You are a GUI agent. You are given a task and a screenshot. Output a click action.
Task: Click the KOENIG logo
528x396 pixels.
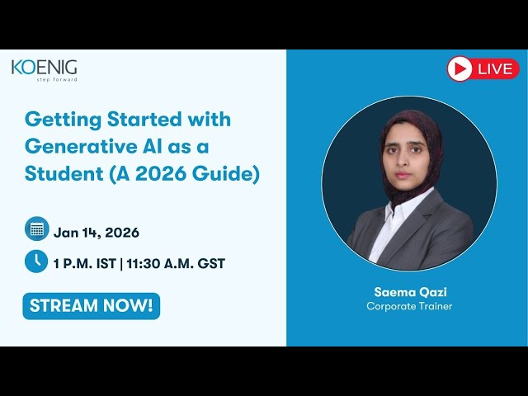click(x=44, y=68)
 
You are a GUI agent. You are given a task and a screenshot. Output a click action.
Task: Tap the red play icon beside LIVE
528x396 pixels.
click(x=460, y=68)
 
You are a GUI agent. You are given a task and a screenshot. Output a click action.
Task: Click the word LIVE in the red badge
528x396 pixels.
click(x=495, y=69)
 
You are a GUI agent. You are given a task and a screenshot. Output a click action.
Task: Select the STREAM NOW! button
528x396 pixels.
click(x=91, y=305)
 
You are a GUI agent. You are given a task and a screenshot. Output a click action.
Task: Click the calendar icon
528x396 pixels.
click(x=35, y=228)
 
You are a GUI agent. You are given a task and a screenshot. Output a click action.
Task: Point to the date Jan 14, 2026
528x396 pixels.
click(x=97, y=232)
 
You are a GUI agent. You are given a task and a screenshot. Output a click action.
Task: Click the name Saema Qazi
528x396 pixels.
click(x=409, y=292)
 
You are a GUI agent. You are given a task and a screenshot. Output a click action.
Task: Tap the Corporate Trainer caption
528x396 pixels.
click(x=409, y=306)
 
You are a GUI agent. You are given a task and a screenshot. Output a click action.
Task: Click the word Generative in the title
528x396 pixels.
click(x=75, y=147)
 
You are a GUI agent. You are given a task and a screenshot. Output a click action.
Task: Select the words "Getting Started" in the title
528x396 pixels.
click(x=98, y=119)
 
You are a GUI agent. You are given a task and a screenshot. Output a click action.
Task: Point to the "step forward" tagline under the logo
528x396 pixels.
click(x=56, y=80)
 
